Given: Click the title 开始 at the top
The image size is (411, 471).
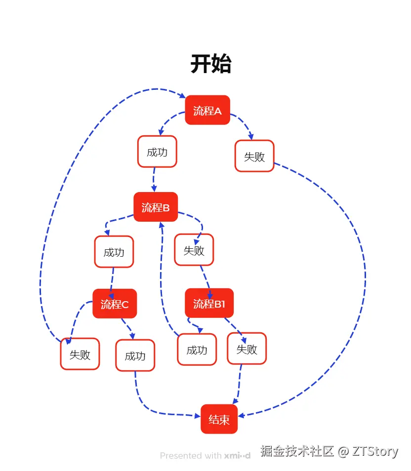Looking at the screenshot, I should (x=211, y=64).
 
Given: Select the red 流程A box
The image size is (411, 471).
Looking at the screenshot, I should (x=207, y=110).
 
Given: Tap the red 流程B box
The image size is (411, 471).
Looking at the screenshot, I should (x=156, y=207).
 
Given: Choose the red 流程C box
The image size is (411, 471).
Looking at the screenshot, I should (x=115, y=304).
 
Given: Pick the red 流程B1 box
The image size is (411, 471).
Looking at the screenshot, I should (x=209, y=303).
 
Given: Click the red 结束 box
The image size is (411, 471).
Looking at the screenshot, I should (x=219, y=419).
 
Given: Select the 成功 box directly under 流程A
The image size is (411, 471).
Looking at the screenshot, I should (x=157, y=152).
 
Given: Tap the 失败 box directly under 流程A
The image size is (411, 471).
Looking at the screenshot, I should (x=254, y=157).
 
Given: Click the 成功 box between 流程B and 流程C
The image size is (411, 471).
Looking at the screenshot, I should (x=114, y=252).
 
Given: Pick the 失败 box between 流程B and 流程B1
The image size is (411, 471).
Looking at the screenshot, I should (x=194, y=250).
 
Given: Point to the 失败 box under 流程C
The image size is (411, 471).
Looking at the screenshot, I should (x=80, y=354).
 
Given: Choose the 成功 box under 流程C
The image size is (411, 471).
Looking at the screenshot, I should (x=135, y=355).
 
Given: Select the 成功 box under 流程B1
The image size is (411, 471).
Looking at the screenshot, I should (x=197, y=350).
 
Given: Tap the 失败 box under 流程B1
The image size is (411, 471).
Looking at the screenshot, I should (x=247, y=349).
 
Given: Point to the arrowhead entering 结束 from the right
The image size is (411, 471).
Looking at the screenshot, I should (x=242, y=415).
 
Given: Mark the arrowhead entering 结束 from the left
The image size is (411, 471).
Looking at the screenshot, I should (x=197, y=416).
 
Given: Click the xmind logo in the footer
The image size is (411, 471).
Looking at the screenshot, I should (x=237, y=455).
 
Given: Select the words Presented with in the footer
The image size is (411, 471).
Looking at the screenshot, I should (x=191, y=455).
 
